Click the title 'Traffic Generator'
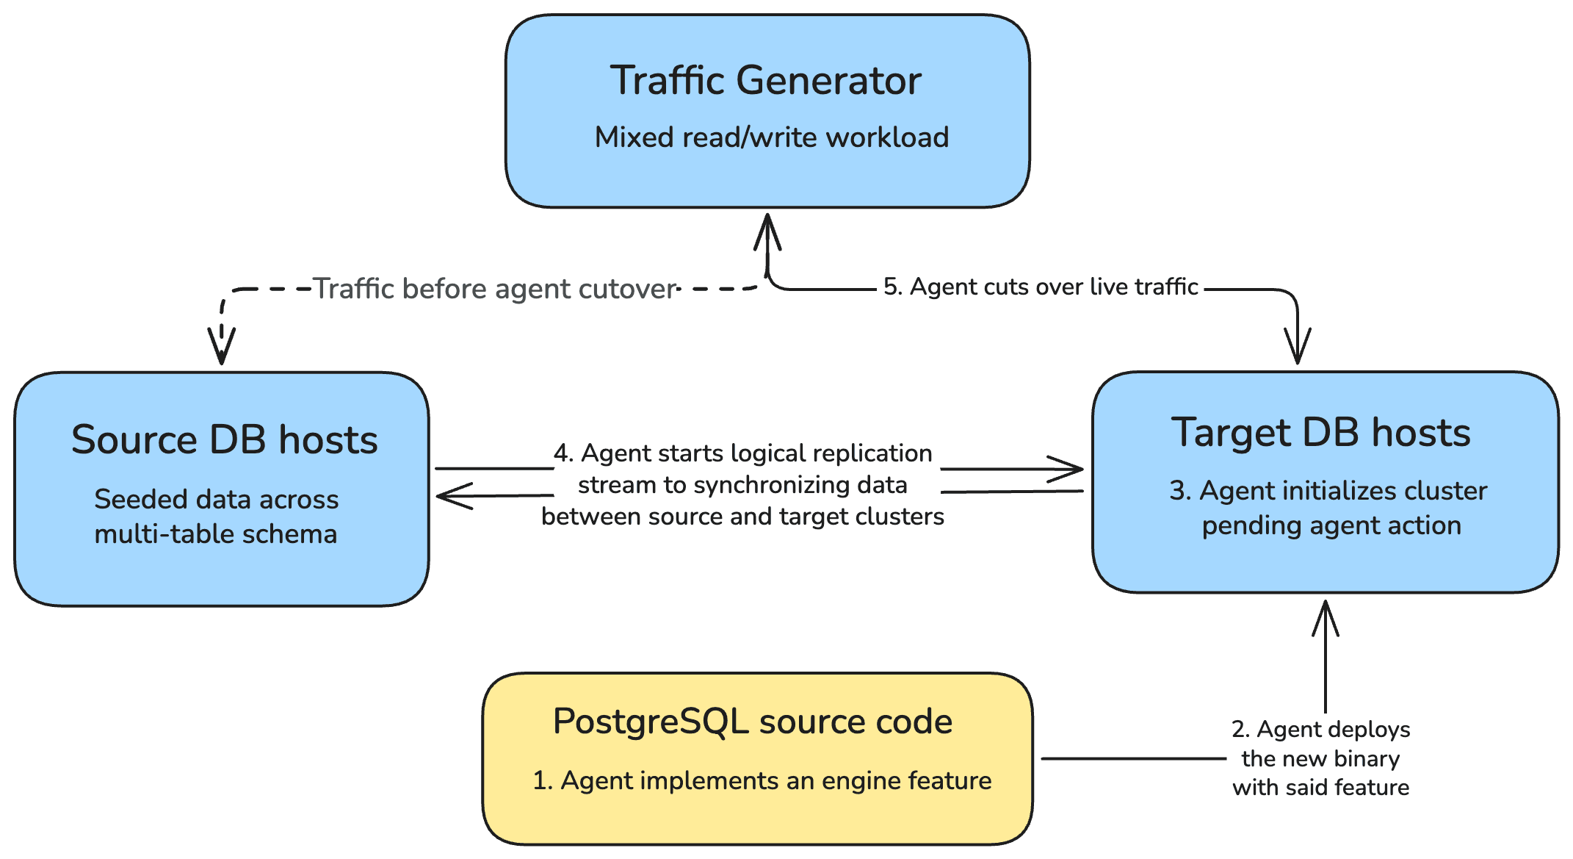[x=765, y=80]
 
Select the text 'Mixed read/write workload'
[x=771, y=137]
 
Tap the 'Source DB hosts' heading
[x=224, y=439]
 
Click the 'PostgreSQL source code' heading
[x=752, y=721]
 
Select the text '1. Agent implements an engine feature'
[x=762, y=780]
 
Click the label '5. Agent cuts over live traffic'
[x=1040, y=287]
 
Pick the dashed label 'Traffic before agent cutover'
[x=494, y=289]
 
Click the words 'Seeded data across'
[x=217, y=500]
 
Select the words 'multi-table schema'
[x=216, y=534]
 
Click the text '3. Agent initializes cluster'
[x=1328, y=491]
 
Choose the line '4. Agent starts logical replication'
[x=742, y=453]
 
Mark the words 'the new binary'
[x=1320, y=758]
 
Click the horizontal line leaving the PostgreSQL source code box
[x=1131, y=758]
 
